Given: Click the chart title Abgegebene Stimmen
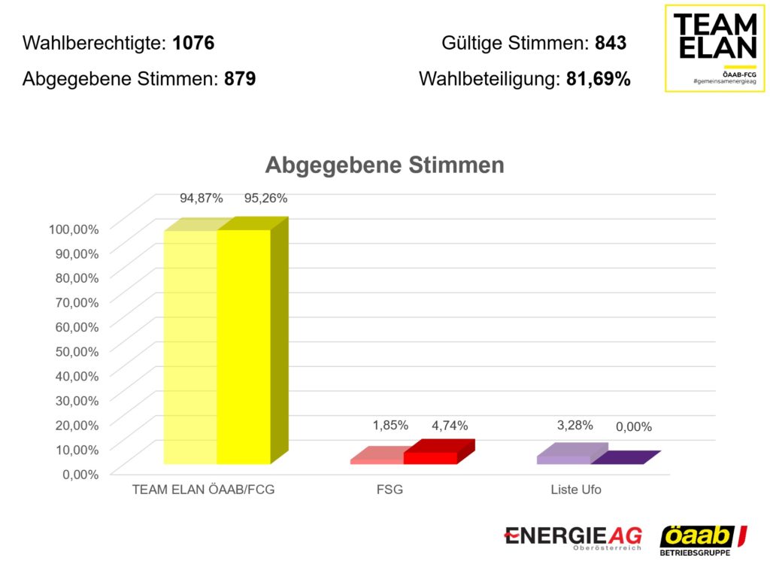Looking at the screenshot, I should pyautogui.click(x=384, y=165).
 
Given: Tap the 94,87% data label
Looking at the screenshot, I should pyautogui.click(x=201, y=199).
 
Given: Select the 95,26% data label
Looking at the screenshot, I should pyautogui.click(x=265, y=199).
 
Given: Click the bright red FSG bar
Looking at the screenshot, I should pyautogui.click(x=431, y=456).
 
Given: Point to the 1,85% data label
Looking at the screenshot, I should pyautogui.click(x=390, y=426).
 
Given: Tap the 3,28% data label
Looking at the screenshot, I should pyautogui.click(x=574, y=426).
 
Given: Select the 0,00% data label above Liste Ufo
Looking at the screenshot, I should pyautogui.click(x=633, y=427).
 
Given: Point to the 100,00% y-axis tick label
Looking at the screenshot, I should pyautogui.click(x=74, y=228).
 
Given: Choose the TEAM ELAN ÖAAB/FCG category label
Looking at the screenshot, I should pyautogui.click(x=203, y=490).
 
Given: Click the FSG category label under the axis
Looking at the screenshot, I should pyautogui.click(x=390, y=490).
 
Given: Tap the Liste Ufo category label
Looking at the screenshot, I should pyautogui.click(x=575, y=490).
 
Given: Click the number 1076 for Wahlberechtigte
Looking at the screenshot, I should pyautogui.click(x=193, y=43).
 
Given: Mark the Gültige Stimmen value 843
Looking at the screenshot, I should pyautogui.click(x=610, y=43).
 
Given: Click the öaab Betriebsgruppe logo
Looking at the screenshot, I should pyautogui.click(x=703, y=540).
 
